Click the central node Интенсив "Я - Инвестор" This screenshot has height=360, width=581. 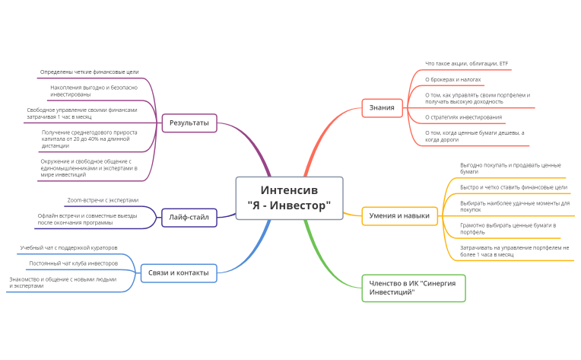(x=290, y=198)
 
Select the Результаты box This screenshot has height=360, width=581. (x=189, y=123)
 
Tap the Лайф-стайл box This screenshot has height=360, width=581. (x=189, y=217)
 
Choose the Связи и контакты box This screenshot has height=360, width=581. (x=179, y=273)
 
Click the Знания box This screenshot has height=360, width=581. (x=382, y=108)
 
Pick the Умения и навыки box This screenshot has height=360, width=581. (x=399, y=216)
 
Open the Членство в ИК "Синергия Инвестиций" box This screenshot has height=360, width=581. (x=414, y=288)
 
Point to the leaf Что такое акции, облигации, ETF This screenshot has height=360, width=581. (x=466, y=64)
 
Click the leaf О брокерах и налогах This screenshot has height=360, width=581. (x=452, y=80)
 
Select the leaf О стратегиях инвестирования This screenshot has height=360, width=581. (x=464, y=117)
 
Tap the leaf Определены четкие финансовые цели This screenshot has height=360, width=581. (x=89, y=72)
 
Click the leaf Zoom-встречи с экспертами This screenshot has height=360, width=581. (x=103, y=200)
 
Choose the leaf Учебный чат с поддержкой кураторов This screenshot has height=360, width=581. (x=68, y=247)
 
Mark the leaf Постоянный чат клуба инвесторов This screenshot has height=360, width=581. (x=73, y=263)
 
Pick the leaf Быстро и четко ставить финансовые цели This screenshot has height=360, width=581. (x=513, y=187)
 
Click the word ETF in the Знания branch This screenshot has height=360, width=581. (x=503, y=64)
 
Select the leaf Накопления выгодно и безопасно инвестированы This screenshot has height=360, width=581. (x=94, y=91)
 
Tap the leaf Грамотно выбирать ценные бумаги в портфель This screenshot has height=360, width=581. (x=508, y=229)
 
